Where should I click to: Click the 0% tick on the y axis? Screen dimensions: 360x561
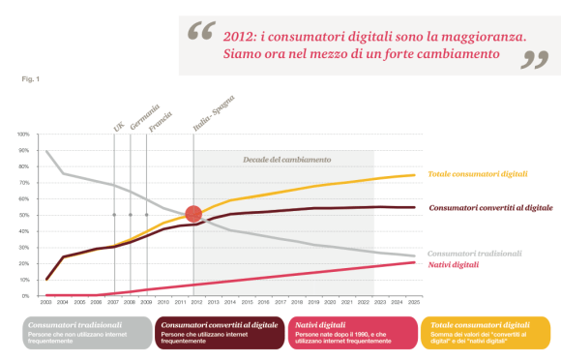tap(24, 295)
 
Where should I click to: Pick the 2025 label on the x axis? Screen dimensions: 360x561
tap(411, 302)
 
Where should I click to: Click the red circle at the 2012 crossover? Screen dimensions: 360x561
tap(193, 215)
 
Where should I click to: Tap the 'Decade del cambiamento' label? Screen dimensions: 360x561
tap(286, 159)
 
